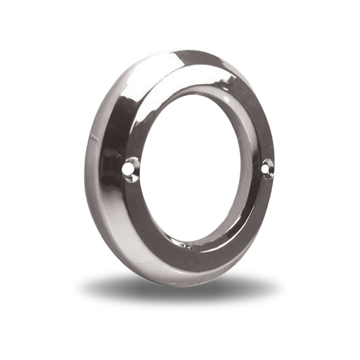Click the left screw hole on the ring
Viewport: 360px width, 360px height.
131,167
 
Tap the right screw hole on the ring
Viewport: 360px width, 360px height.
267,166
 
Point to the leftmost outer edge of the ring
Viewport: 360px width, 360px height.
85,167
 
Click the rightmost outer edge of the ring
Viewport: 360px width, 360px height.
274,162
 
